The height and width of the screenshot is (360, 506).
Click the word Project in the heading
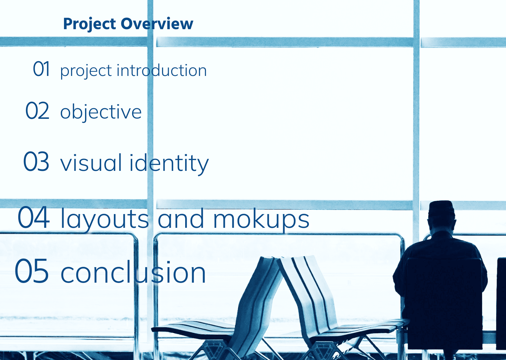coord(90,24)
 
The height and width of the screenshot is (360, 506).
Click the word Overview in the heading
coord(157,24)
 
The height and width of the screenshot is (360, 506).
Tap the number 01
coord(41,69)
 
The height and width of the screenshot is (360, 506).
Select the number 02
coord(37,110)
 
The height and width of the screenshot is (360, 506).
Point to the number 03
coord(36,161)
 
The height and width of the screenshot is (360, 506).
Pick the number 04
coord(33,217)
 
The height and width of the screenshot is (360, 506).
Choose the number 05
coord(31,271)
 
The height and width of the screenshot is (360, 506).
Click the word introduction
coord(162,71)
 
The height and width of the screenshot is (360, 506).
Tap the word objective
coord(101,112)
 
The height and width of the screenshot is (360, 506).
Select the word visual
coord(91,162)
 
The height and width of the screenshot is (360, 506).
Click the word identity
coord(169,163)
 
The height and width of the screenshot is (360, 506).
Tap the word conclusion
coord(133,271)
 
